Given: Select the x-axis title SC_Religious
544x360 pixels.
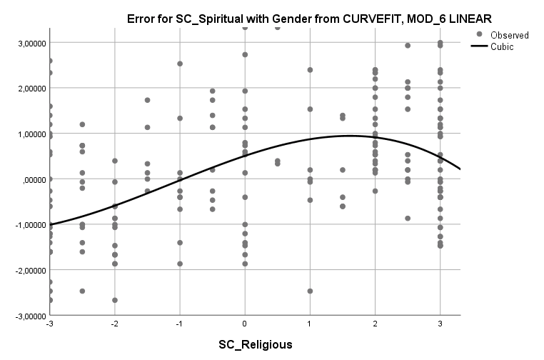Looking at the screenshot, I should [255, 345].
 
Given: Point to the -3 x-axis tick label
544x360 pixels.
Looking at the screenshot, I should [49, 324].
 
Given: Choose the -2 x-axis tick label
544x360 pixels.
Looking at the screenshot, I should [114, 324].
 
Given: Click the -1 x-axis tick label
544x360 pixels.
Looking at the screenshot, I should [178, 324].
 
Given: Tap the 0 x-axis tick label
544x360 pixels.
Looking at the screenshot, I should [245, 324].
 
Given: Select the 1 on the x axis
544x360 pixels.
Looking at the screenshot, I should [310, 324].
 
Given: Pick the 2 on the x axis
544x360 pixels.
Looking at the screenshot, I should [375, 324].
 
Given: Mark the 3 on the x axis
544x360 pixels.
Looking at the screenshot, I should [440, 324].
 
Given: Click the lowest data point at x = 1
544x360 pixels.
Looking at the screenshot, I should [310, 291].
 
